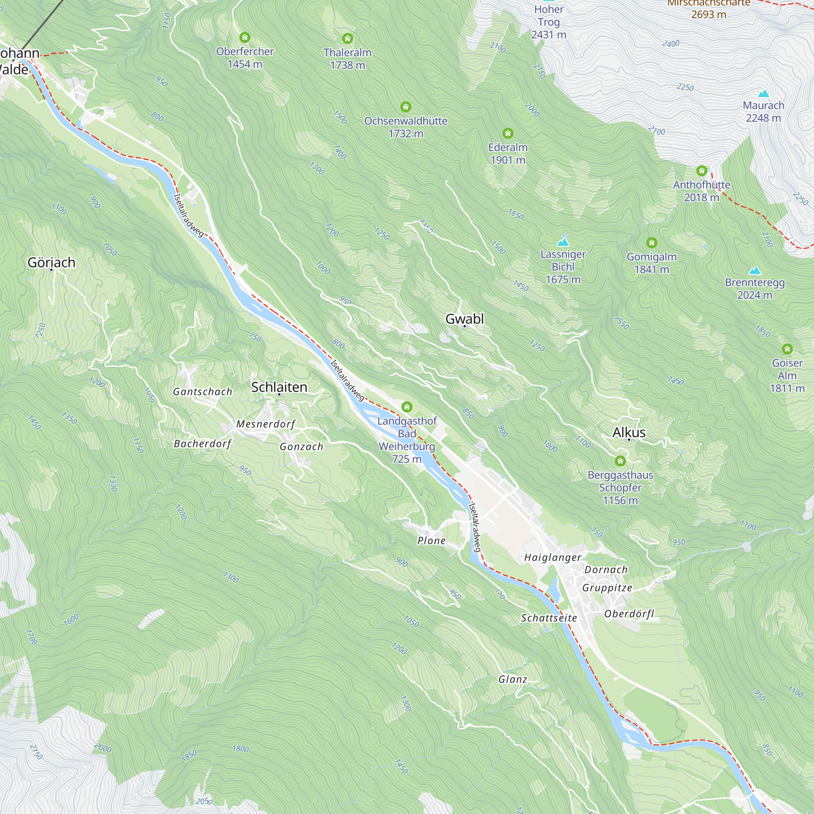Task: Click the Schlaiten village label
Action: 279,387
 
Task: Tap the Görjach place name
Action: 51,263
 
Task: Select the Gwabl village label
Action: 464,319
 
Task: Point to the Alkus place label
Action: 629,432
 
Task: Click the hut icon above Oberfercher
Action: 245,37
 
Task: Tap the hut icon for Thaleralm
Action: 347,39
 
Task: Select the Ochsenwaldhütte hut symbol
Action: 406,107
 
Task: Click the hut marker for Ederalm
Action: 508,133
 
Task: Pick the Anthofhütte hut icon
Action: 702,171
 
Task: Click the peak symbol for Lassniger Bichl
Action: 563,242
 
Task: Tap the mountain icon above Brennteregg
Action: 755,270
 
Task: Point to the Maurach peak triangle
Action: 764,94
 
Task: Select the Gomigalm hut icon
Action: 651,243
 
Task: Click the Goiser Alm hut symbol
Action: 787,349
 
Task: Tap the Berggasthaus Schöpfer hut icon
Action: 620,461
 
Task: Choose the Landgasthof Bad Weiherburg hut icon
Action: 407,407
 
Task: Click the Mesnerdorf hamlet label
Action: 265,424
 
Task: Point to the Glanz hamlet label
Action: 513,679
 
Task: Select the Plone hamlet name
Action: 431,540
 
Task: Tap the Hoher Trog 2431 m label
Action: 549,22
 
